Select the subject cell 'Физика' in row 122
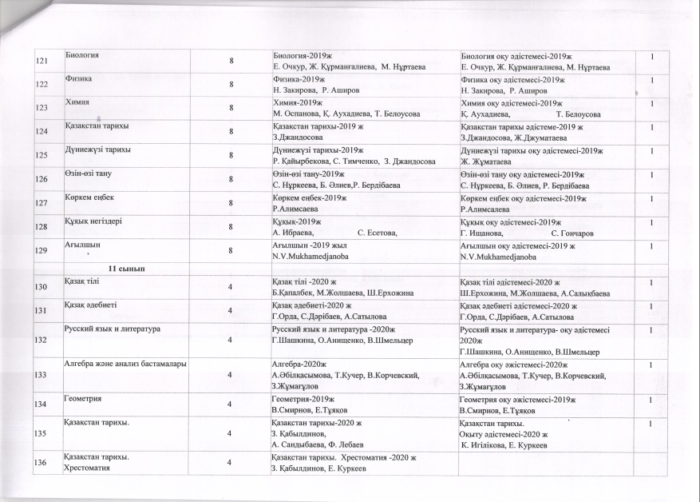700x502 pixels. pos(78,80)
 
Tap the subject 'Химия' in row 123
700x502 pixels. pos(76,103)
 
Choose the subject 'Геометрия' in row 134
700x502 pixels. pos(82,397)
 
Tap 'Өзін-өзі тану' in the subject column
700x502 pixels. pos(88,173)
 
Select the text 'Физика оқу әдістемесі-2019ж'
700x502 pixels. pos(512,81)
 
